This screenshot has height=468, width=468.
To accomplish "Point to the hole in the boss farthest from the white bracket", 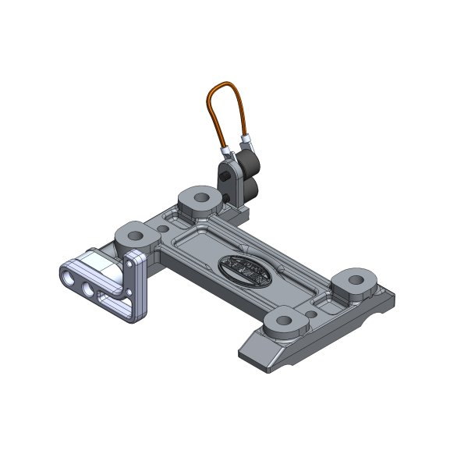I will coord(356,280).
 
